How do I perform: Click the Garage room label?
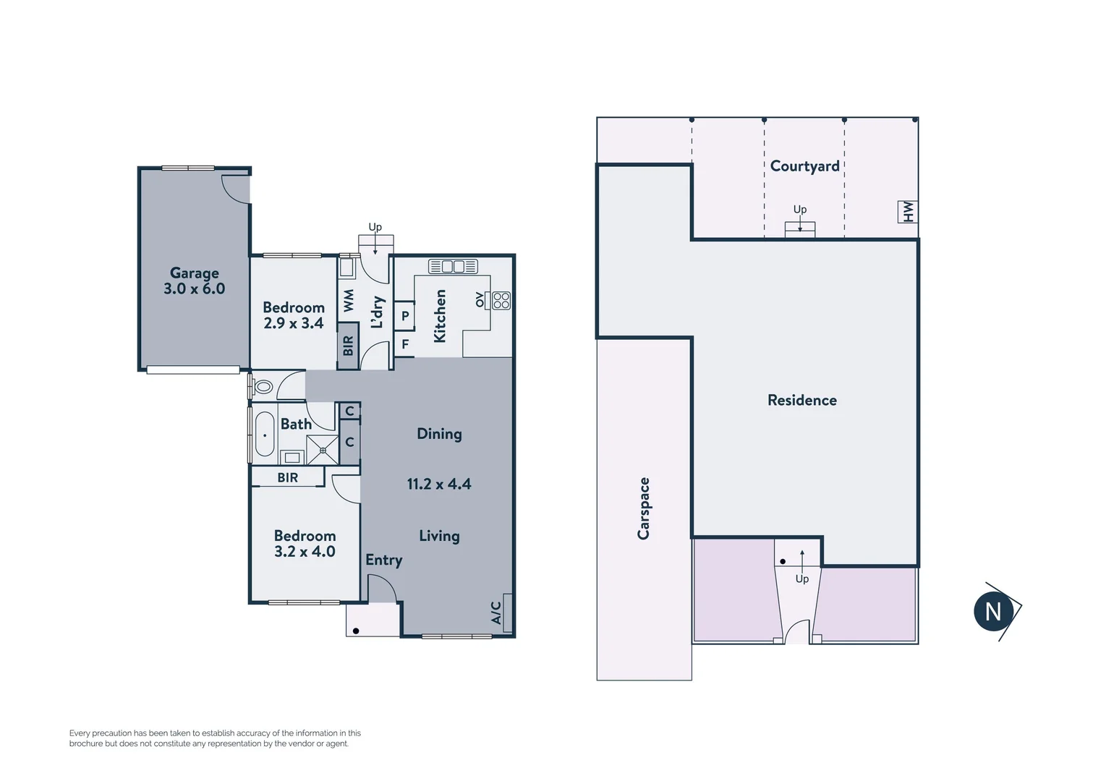[x=194, y=273]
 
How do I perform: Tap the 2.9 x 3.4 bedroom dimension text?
[x=293, y=323]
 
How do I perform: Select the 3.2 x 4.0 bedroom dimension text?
[x=305, y=552]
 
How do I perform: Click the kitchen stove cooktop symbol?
[x=501, y=300]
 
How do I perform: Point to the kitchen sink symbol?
[x=453, y=266]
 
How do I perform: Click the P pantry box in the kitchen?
[x=404, y=316]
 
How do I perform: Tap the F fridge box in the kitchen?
[x=404, y=344]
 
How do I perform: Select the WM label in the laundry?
[x=349, y=301]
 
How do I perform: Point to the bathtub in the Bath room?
[x=265, y=435]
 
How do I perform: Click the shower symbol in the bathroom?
[x=323, y=450]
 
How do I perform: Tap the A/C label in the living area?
[x=496, y=613]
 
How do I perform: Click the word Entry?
[x=383, y=560]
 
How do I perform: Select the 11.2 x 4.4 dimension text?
[x=438, y=485]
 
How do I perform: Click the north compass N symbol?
[x=993, y=612]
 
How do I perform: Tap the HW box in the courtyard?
[x=908, y=212]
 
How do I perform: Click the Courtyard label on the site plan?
[x=804, y=166]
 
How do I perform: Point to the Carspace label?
[x=643, y=508]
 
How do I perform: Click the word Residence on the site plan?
[x=801, y=401]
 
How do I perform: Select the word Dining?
[x=439, y=434]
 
